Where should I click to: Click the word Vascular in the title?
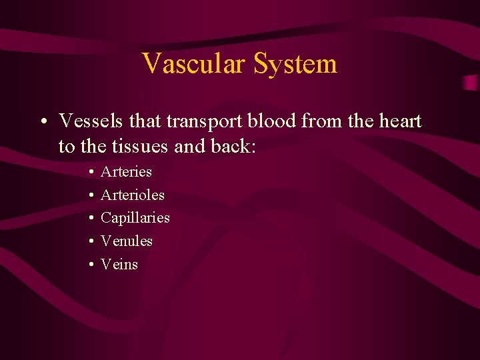pyautogui.click(x=194, y=64)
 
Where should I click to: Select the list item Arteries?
pyautogui.click(x=126, y=172)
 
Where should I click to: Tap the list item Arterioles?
pyautogui.click(x=132, y=195)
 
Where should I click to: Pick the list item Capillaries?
pyautogui.click(x=135, y=218)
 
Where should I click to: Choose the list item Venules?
pyautogui.click(x=126, y=241)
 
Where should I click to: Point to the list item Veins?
pyautogui.click(x=119, y=265)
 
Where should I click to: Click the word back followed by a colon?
pyautogui.click(x=232, y=146)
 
